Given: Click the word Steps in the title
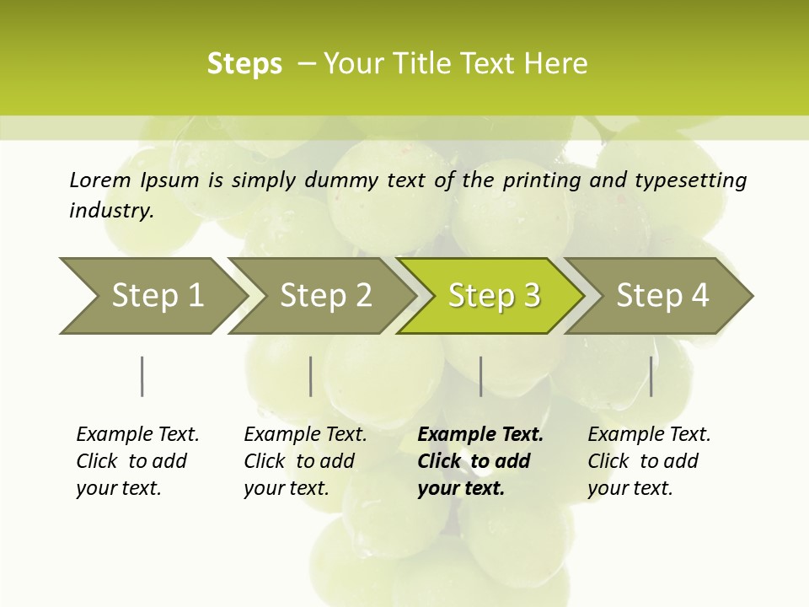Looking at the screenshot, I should [x=244, y=64].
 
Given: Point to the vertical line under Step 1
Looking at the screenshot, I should [x=142, y=376].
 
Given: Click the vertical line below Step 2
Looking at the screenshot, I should [x=310, y=376].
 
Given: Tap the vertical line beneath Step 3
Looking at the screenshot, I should [x=480, y=376].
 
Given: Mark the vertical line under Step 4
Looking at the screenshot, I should [x=651, y=376].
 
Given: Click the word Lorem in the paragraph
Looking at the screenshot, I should [x=100, y=180].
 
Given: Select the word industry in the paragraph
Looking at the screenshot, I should [x=111, y=211].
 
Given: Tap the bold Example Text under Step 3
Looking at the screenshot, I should [x=480, y=434].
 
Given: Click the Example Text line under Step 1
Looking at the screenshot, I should [x=137, y=434].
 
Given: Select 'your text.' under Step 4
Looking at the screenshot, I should [x=630, y=488].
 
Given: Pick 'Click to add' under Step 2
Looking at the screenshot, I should [x=299, y=461].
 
